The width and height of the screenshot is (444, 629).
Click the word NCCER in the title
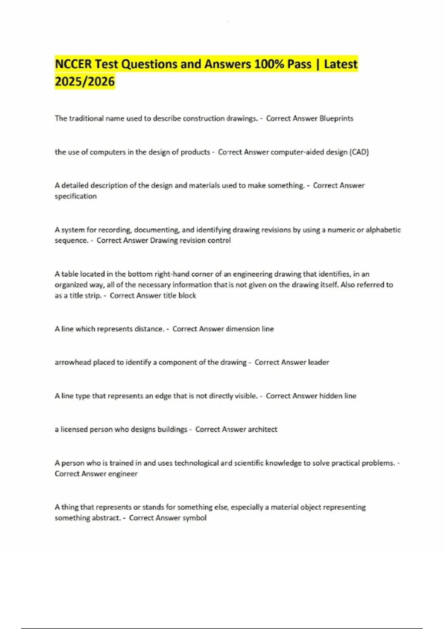(x=73, y=64)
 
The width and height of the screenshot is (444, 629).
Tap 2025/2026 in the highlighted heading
(x=85, y=81)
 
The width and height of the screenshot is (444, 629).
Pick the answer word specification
(x=75, y=196)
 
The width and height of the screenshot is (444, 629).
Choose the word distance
(x=149, y=329)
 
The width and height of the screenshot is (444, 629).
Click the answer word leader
(x=318, y=362)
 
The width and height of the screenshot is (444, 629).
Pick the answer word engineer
(x=124, y=474)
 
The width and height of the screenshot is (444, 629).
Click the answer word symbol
(x=194, y=518)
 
